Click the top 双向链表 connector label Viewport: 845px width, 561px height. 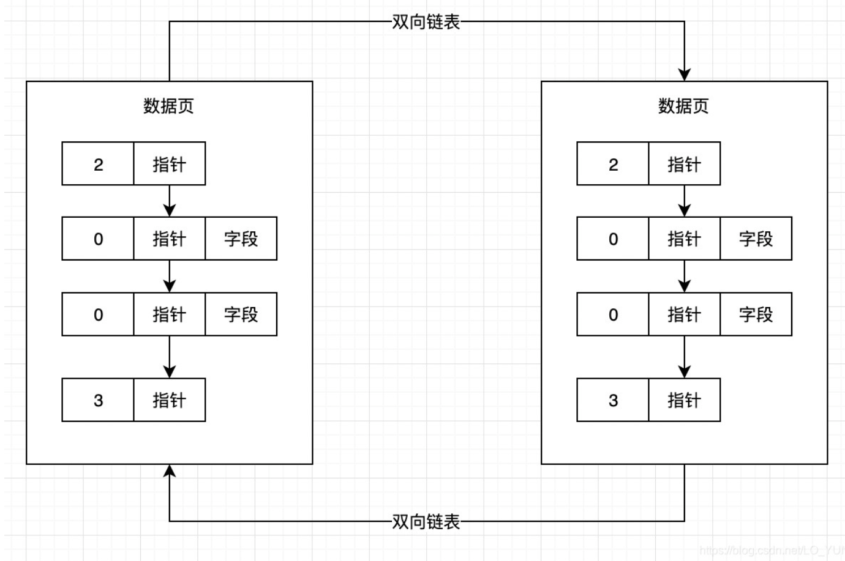click(x=426, y=23)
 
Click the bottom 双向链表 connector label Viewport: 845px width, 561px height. click(x=426, y=521)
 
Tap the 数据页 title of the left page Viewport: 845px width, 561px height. click(x=168, y=106)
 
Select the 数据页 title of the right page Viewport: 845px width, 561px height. click(x=683, y=106)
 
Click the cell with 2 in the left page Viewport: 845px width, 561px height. click(x=98, y=164)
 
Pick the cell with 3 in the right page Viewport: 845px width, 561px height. click(x=613, y=400)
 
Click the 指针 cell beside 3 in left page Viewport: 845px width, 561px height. click(x=169, y=400)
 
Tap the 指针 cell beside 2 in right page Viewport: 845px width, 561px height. click(x=684, y=164)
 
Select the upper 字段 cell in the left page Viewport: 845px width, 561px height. click(x=241, y=239)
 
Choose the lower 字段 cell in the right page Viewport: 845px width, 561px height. click(x=756, y=314)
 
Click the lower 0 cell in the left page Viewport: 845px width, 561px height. click(x=98, y=314)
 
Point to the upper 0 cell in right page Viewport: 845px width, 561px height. click(x=613, y=239)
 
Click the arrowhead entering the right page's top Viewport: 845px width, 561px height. click(x=685, y=74)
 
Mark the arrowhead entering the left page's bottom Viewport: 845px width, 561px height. click(x=170, y=471)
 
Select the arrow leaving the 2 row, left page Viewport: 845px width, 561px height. click(x=170, y=201)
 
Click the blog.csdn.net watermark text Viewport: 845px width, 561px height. click(x=772, y=551)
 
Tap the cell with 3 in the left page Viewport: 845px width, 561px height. click(x=98, y=400)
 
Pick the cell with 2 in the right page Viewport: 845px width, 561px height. click(x=613, y=164)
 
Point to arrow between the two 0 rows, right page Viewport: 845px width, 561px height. click(x=685, y=277)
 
